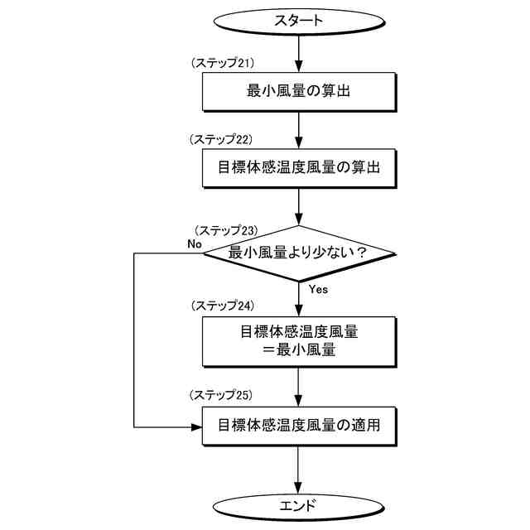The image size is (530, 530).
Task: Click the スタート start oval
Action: pyautogui.click(x=298, y=21)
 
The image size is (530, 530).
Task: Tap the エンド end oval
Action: pyautogui.click(x=298, y=504)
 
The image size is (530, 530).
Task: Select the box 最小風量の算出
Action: pyautogui.click(x=298, y=90)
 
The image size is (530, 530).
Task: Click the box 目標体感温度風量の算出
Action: pyautogui.click(x=298, y=166)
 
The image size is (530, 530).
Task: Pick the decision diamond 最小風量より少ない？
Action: pyautogui.click(x=298, y=253)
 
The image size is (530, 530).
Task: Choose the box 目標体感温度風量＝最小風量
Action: pyautogui.click(x=298, y=340)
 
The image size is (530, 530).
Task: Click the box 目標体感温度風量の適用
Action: pyautogui.click(x=298, y=426)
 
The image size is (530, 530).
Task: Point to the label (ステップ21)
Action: pyautogui.click(x=221, y=63)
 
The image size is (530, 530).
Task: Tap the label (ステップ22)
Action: pyautogui.click(x=221, y=139)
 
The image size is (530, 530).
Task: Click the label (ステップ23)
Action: pyautogui.click(x=226, y=229)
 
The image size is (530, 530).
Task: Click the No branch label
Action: pyautogui.click(x=195, y=244)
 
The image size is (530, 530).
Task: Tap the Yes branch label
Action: pyautogui.click(x=318, y=290)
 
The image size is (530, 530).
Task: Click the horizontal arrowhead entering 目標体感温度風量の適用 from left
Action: pyautogui.click(x=198, y=427)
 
